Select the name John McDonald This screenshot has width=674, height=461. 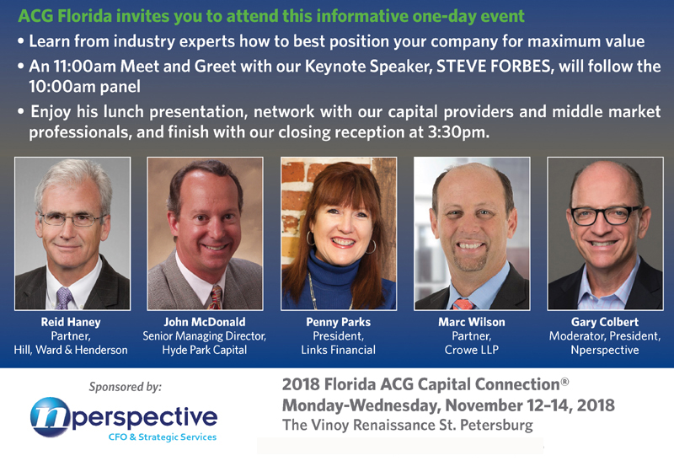(x=206, y=321)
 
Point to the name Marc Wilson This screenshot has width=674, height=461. (x=473, y=321)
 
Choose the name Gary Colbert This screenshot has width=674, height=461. (x=606, y=321)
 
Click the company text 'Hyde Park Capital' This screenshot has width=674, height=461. (x=206, y=350)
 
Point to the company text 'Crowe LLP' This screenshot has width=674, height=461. (x=473, y=350)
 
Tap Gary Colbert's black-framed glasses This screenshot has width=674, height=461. (x=606, y=214)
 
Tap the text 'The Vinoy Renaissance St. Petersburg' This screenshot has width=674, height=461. (x=408, y=426)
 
